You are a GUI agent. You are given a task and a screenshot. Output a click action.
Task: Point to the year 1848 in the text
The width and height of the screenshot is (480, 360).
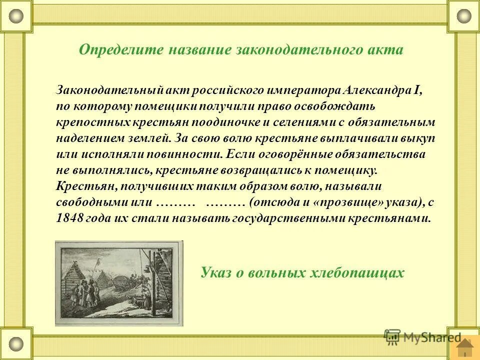pyautogui.click(x=68, y=218)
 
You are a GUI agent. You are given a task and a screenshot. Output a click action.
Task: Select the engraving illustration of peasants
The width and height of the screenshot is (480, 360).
pyautogui.click(x=119, y=283)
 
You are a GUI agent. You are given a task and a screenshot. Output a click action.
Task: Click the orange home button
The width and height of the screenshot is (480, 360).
pyautogui.click(x=465, y=346)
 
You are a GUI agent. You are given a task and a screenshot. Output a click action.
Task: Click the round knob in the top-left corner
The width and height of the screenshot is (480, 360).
pyautogui.click(x=16, y=16)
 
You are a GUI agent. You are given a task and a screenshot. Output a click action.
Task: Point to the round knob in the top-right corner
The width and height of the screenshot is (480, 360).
pyautogui.click(x=463, y=16)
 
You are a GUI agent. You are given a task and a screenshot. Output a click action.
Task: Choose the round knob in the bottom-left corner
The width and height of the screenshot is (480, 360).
pyautogui.click(x=16, y=343)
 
